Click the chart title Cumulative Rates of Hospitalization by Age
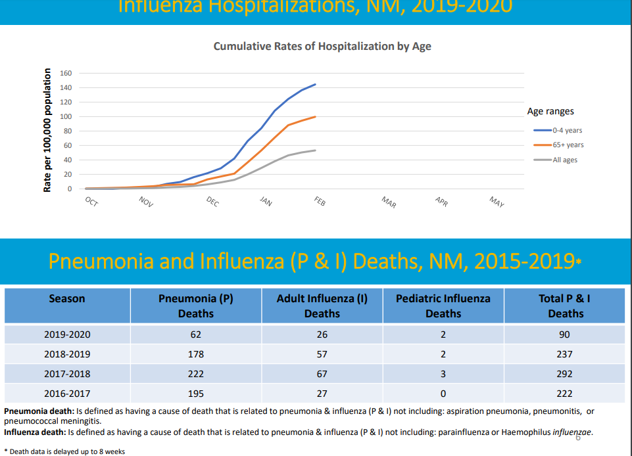click(x=322, y=47)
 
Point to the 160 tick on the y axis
click(x=66, y=73)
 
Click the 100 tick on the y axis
click(x=66, y=116)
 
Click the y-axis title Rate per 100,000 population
click(x=47, y=130)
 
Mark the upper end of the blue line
click(x=316, y=84)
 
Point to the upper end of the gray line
click(x=316, y=150)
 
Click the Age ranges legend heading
click(x=550, y=112)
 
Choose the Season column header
click(x=67, y=299)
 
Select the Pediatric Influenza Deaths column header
click(x=443, y=306)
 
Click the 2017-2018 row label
click(x=67, y=374)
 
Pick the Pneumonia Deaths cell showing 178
click(x=196, y=354)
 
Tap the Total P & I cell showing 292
click(x=564, y=374)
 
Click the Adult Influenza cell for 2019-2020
click(x=322, y=334)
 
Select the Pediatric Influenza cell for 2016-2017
click(x=443, y=394)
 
